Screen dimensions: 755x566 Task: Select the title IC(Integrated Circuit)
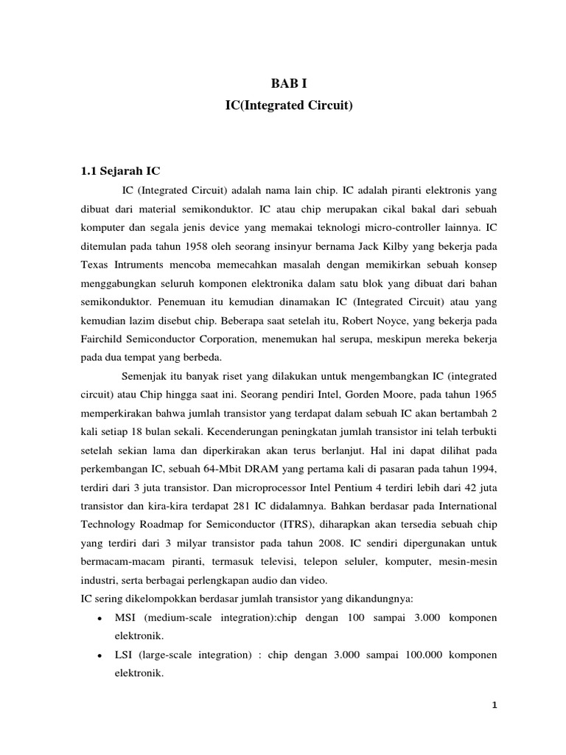(x=289, y=107)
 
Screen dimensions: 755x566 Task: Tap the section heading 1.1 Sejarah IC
(x=119, y=171)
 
